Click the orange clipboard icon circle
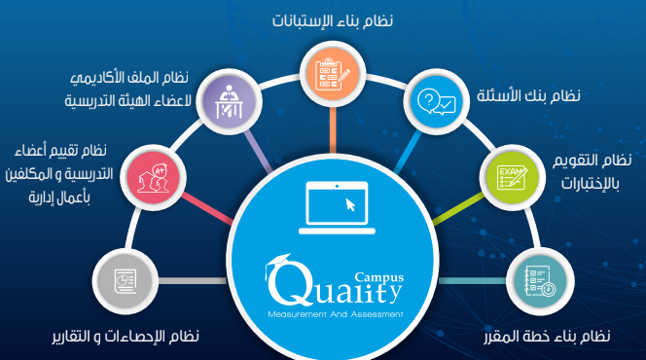pos(333,74)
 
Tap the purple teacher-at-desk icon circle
pos(229,102)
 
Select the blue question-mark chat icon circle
pos(436,102)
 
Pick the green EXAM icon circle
pos(512,177)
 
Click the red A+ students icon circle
pos(154,177)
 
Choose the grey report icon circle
pos(126,281)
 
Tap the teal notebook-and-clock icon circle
pos(540,281)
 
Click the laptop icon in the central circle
pos(337,207)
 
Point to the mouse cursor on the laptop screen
pos(350,204)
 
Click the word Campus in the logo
pos(379,277)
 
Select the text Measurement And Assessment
pos(336,314)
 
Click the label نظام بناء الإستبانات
pos(333,20)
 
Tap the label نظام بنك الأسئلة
pos(528,95)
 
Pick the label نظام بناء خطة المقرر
pos(547,336)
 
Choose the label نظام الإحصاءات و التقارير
pos(126,336)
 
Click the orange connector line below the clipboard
pos(333,130)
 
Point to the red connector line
pos(207,209)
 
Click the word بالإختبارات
pos(590,184)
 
